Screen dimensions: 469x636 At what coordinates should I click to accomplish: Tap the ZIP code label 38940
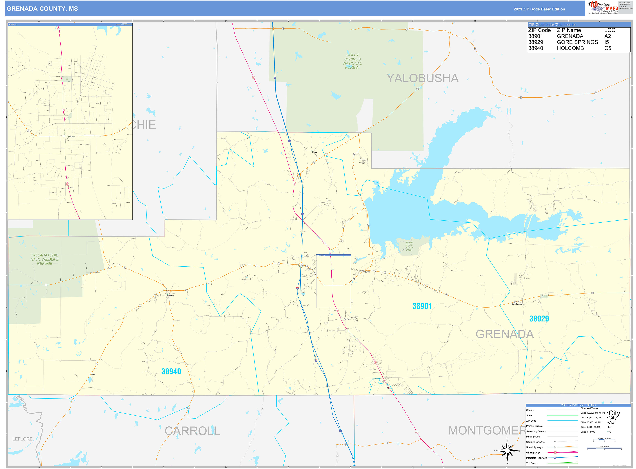tap(171, 371)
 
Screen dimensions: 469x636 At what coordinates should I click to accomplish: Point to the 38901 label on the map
tap(422, 306)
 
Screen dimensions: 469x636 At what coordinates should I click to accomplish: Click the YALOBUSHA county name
tap(422, 78)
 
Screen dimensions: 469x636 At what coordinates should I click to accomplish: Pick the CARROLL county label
tap(192, 431)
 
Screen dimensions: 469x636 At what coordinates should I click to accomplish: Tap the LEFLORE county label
tap(22, 439)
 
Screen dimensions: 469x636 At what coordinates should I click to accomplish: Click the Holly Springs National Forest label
tap(352, 61)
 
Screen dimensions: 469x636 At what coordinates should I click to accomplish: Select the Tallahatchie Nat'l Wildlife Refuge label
tap(45, 259)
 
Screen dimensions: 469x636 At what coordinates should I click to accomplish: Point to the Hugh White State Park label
tap(409, 246)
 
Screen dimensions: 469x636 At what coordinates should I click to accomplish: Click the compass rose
tap(507, 451)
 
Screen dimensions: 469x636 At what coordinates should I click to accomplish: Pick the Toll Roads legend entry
tap(532, 463)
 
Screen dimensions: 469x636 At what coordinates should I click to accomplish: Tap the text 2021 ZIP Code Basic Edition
tap(539, 9)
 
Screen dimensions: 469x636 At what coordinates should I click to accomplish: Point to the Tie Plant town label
tap(347, 319)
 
